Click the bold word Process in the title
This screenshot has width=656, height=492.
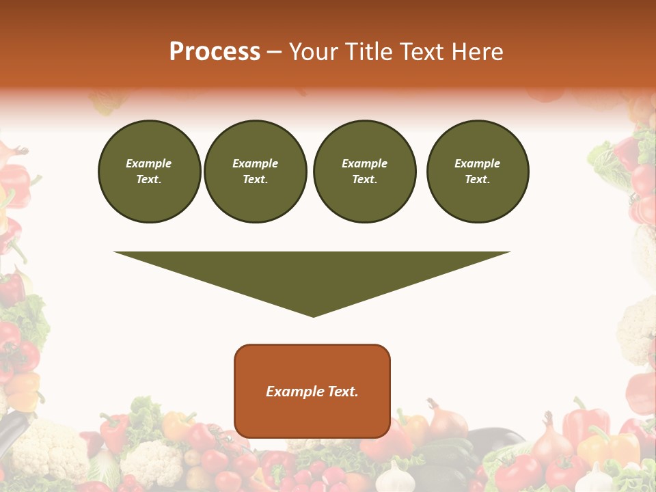click(215, 51)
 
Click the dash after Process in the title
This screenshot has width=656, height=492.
click(274, 52)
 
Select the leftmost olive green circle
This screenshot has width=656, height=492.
click(150, 172)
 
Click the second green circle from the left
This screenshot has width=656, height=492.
click(256, 172)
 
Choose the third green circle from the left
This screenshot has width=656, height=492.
click(364, 172)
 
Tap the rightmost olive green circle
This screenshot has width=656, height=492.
click(478, 172)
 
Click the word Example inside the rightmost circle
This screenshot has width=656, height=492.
click(478, 163)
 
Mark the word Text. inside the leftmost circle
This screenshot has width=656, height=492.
click(149, 180)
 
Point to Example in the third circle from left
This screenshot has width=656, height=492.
click(364, 163)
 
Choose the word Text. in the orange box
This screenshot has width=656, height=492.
click(341, 392)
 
